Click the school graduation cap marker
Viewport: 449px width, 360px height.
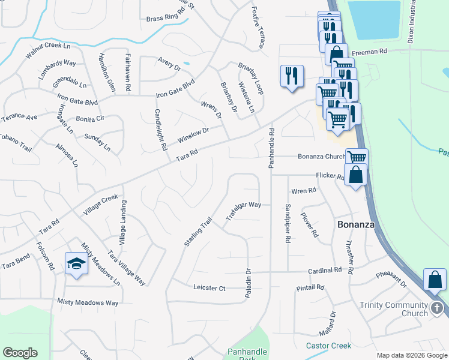point(77,263)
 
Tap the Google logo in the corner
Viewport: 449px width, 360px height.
point(20,353)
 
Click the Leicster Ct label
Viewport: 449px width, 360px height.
point(209,289)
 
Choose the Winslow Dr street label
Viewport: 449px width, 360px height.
point(193,135)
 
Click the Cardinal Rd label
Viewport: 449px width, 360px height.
point(325,271)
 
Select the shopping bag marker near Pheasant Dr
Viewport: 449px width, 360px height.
point(435,280)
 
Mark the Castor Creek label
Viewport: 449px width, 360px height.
point(328,346)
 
